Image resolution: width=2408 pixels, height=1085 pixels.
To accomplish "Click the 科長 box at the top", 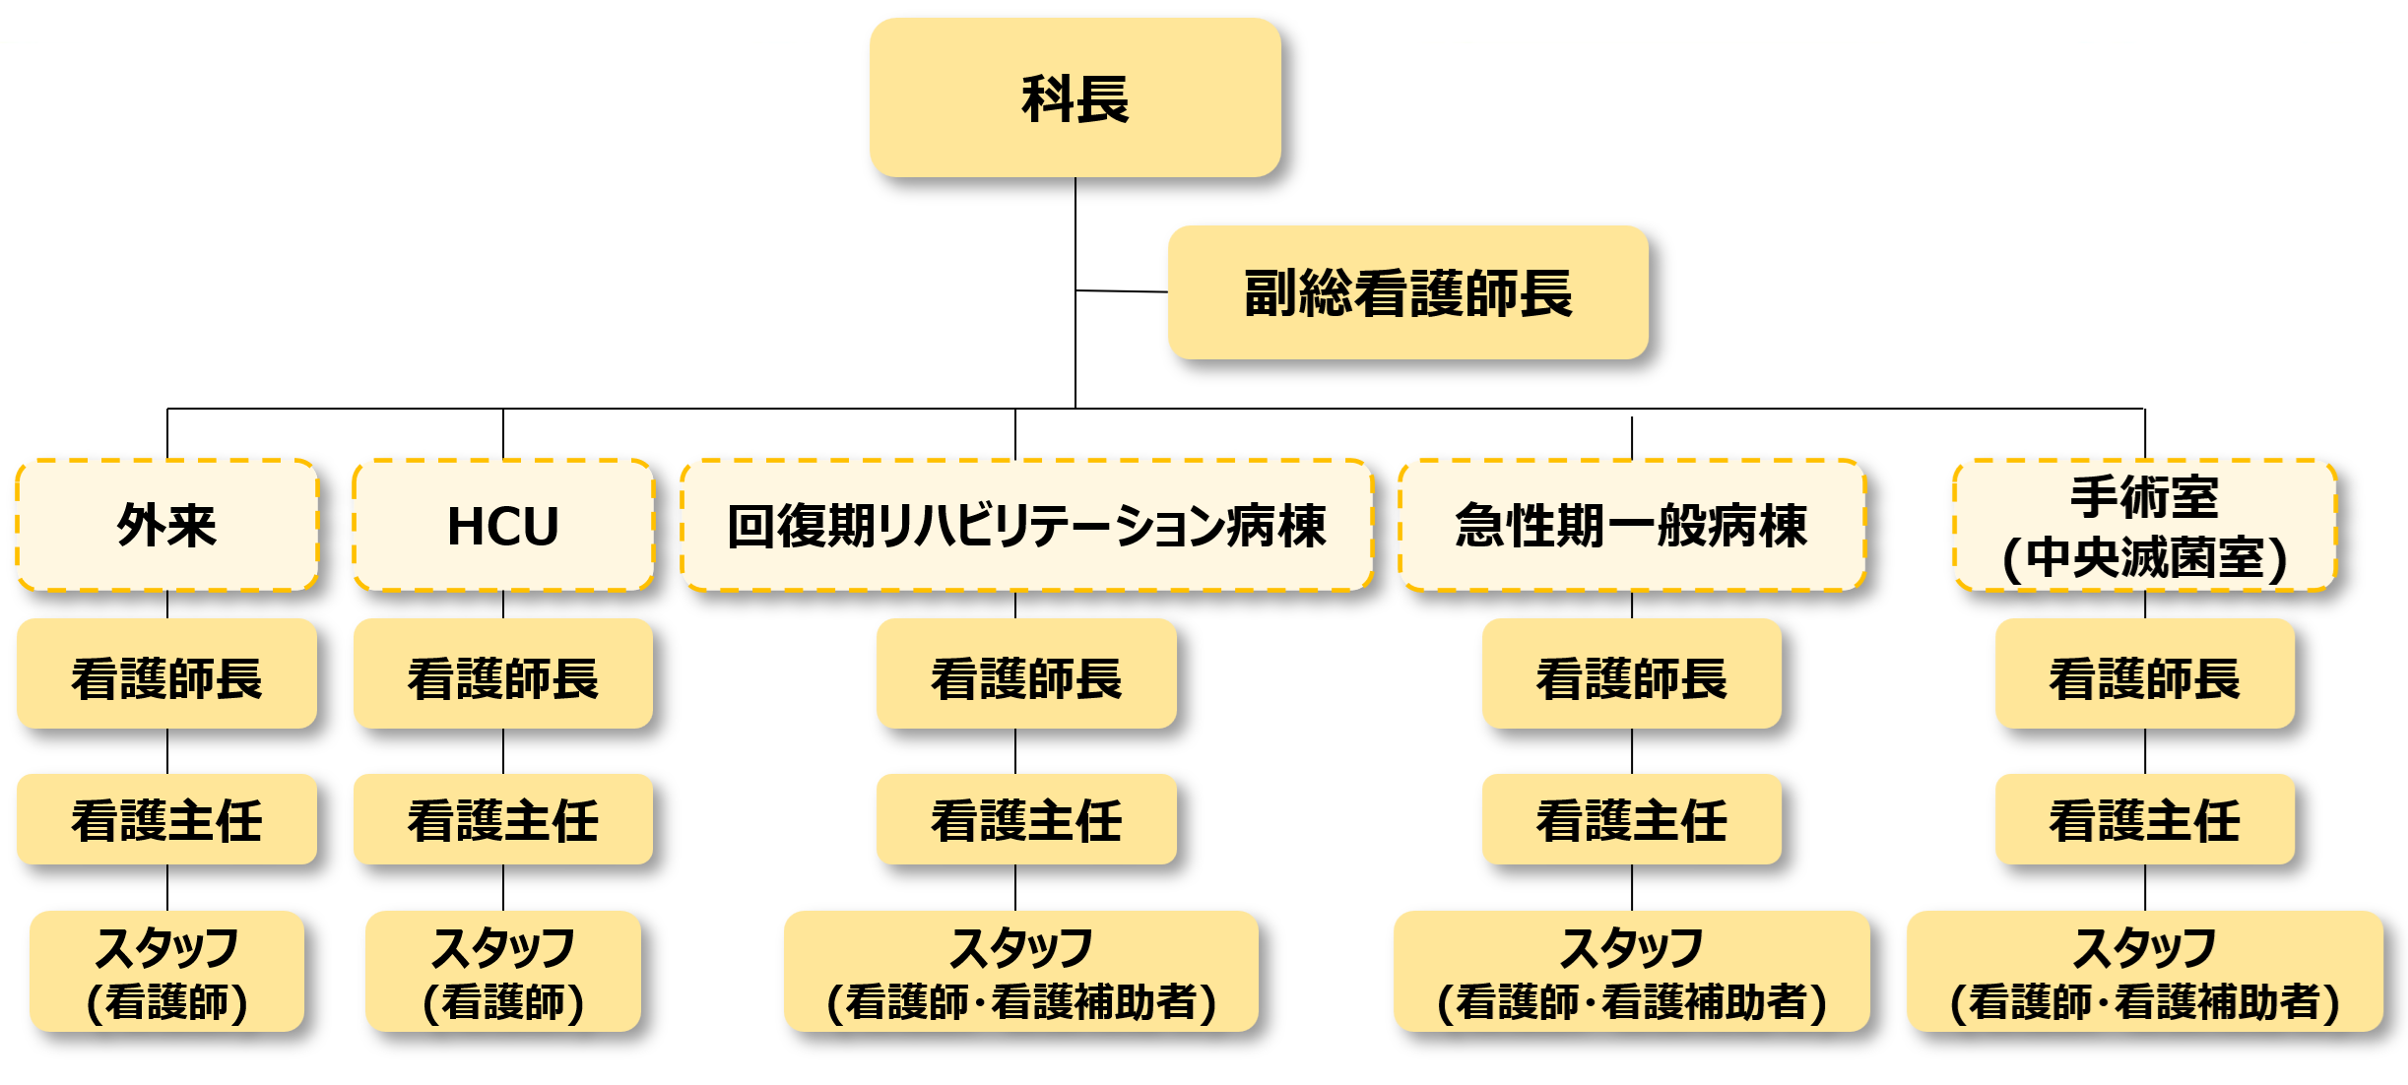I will click(x=1074, y=98).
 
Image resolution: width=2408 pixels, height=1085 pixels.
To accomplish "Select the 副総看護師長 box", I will click(x=1407, y=293).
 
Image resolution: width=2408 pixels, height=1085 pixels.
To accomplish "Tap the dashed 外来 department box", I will click(x=166, y=525).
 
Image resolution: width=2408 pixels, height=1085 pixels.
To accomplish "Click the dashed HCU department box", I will click(x=502, y=525).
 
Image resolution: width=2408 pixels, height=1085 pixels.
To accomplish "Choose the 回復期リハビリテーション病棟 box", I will click(x=1026, y=525).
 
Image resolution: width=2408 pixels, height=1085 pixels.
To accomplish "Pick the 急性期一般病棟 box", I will click(x=1631, y=525).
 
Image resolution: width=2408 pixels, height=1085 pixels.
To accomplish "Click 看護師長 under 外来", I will click(x=166, y=676).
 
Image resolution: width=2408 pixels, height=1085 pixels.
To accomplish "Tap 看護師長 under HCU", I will click(x=502, y=676).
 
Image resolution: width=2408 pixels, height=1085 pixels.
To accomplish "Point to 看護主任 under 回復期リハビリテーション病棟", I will click(x=1026, y=819).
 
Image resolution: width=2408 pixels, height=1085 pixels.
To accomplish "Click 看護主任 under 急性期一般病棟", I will click(x=1631, y=819).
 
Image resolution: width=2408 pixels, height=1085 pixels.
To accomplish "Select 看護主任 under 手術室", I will click(x=2144, y=819).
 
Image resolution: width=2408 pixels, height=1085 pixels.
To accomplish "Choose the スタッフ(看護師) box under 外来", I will click(x=166, y=972).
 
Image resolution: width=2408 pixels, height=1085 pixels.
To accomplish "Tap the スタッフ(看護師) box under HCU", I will click(x=502, y=972).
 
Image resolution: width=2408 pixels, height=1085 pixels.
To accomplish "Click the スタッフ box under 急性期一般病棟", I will click(x=1631, y=972).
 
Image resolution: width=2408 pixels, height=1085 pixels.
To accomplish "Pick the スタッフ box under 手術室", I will click(x=2144, y=972).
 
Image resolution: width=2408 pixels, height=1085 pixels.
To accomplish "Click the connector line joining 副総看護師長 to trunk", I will click(x=1122, y=291).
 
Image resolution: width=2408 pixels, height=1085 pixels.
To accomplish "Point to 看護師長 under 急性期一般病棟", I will click(x=1631, y=676).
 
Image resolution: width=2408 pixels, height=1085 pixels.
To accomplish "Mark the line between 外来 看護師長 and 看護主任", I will click(x=167, y=751).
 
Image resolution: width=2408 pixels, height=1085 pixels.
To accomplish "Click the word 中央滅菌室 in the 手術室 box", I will click(x=2145, y=558).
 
